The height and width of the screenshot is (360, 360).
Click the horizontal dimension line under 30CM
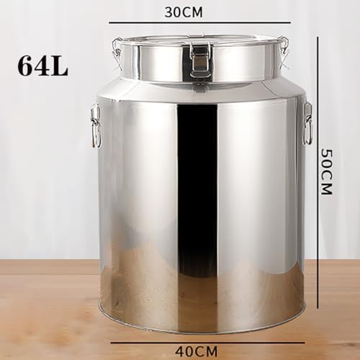click(199, 23)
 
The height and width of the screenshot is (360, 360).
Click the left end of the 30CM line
click(109, 23)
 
